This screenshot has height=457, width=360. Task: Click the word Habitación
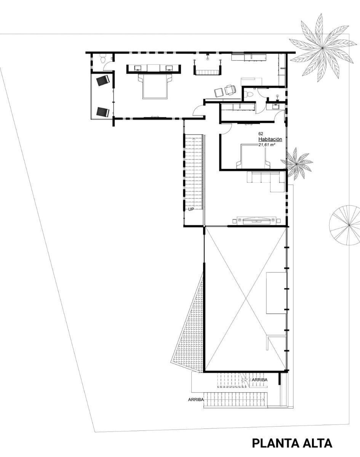pyautogui.click(x=270, y=139)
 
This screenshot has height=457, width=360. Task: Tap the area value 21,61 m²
pyautogui.click(x=267, y=145)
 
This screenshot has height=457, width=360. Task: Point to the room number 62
pyautogui.click(x=261, y=134)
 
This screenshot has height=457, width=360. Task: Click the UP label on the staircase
pyautogui.click(x=191, y=209)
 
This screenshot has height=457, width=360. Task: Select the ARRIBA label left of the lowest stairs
pyautogui.click(x=196, y=399)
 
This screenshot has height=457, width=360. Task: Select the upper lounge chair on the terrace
pyautogui.click(x=103, y=80)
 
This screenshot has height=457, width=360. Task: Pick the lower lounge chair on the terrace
pyautogui.click(x=103, y=112)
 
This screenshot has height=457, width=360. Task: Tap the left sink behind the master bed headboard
pyautogui.click(x=138, y=68)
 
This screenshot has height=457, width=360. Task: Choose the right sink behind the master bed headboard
pyautogui.click(x=170, y=68)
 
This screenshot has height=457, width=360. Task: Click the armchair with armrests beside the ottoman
pyautogui.click(x=230, y=90)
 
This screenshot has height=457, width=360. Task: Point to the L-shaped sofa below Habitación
pyautogui.click(x=266, y=181)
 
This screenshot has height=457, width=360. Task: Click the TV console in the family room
pyautogui.click(x=257, y=221)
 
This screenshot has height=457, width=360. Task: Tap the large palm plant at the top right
pyautogui.click(x=323, y=48)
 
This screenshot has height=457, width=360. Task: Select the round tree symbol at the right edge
pyautogui.click(x=345, y=225)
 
